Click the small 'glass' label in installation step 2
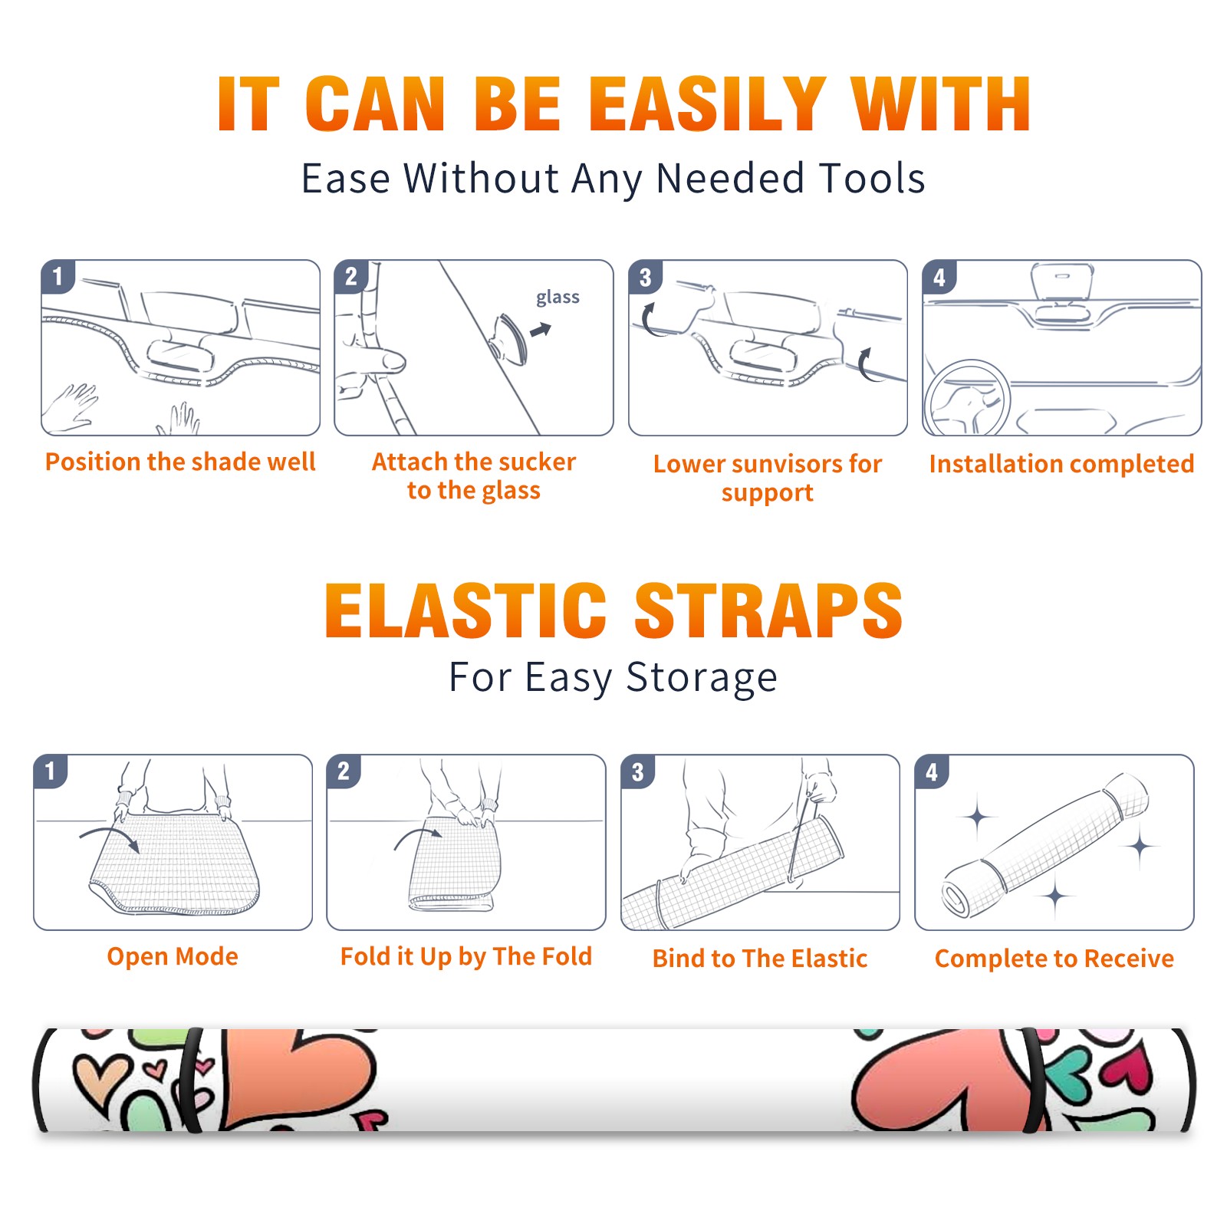pos(558,298)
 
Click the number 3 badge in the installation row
pos(646,277)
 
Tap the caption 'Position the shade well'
pos(180,462)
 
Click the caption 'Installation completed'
pos(1061,464)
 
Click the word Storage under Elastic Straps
pos(702,678)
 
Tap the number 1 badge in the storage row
pos(51,771)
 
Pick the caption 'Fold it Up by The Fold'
pos(466,956)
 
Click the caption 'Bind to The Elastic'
pos(760,959)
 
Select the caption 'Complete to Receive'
pos(1054,959)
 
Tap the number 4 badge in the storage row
pos(932,771)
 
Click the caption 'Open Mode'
pos(173,956)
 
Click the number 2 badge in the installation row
pos(351,277)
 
